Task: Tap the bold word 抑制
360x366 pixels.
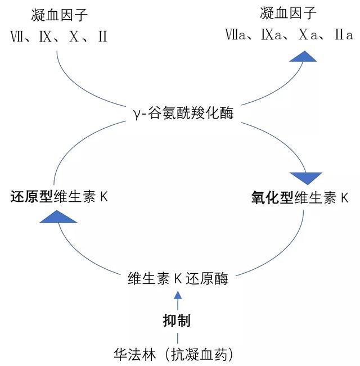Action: click(x=177, y=321)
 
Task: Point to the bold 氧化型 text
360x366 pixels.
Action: click(x=272, y=198)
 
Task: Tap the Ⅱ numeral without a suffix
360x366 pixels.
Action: click(x=102, y=37)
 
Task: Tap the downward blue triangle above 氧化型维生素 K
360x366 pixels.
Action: click(x=309, y=176)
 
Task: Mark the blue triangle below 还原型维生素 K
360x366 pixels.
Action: click(x=58, y=215)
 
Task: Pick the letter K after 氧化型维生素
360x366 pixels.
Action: click(x=345, y=198)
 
